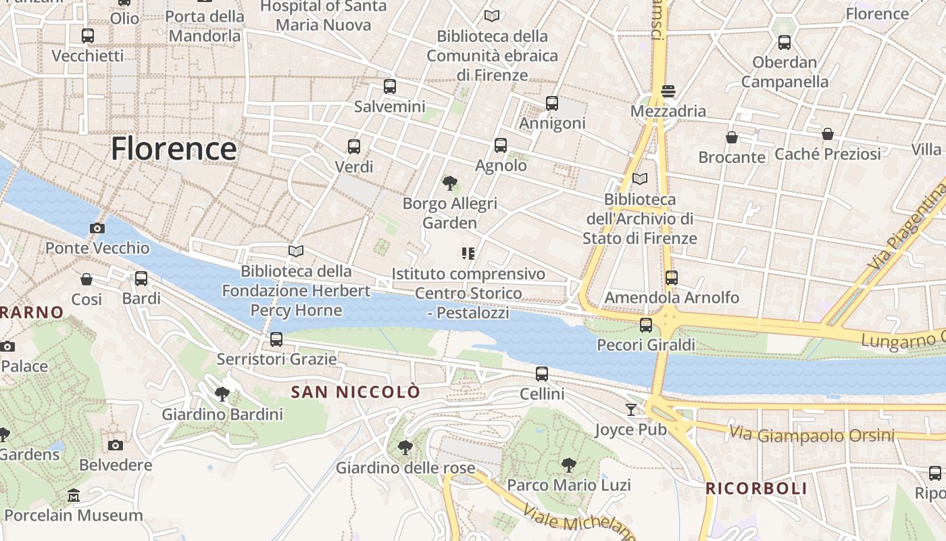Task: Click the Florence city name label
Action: click(x=174, y=149)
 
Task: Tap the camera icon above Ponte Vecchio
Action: click(x=97, y=228)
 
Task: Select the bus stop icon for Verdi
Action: click(x=353, y=147)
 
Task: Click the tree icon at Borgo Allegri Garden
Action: click(x=450, y=183)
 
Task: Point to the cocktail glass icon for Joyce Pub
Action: click(x=630, y=409)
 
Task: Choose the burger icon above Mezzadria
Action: click(x=668, y=91)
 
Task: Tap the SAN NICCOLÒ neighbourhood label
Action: click(x=355, y=392)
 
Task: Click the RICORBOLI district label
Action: click(x=756, y=488)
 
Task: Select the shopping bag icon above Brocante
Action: click(x=731, y=137)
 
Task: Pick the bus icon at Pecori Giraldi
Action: click(x=646, y=325)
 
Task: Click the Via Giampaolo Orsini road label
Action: click(x=812, y=434)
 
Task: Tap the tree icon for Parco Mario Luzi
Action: click(x=569, y=465)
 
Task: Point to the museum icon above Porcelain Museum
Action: click(x=74, y=496)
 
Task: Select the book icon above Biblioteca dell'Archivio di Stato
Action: click(x=639, y=179)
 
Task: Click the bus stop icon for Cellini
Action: click(x=542, y=374)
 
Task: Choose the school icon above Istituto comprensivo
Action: click(x=468, y=254)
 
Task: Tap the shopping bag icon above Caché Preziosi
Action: click(x=828, y=134)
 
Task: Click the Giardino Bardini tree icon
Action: click(x=222, y=394)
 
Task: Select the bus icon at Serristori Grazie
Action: click(x=276, y=339)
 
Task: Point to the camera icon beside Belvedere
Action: click(x=116, y=445)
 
